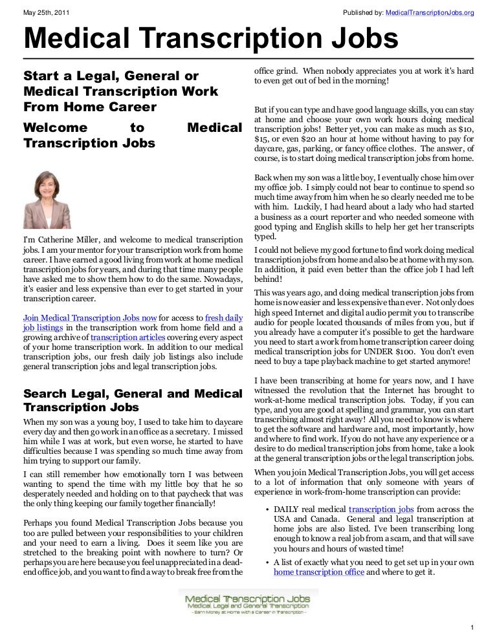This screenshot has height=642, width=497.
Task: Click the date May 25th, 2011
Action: pos(47,12)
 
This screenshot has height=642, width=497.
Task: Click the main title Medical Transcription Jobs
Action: pos(211,40)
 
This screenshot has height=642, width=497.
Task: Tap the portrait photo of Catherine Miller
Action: pos(47,200)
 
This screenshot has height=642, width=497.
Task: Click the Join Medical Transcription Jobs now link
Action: pos(90,318)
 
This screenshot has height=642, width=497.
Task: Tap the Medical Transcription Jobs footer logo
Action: pos(248,603)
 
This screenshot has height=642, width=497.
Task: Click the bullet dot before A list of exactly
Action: pos(268,562)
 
